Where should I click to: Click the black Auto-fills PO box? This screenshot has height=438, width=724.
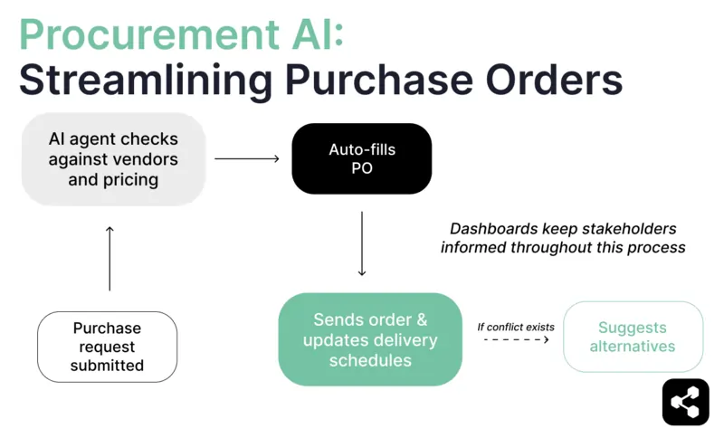(361, 158)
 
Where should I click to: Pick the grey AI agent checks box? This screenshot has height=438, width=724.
(113, 159)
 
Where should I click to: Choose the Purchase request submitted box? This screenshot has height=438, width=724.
(107, 347)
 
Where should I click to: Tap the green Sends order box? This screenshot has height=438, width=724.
(370, 339)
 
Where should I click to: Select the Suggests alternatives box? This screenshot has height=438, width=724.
(633, 337)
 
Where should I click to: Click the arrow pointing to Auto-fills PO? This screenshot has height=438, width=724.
(247, 159)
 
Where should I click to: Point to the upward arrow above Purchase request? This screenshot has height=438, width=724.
(110, 258)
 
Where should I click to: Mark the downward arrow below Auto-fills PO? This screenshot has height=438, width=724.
(362, 243)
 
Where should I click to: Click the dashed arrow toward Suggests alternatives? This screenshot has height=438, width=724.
(517, 339)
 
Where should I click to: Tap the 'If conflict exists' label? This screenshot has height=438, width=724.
(515, 326)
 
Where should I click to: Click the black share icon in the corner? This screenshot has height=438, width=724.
(685, 402)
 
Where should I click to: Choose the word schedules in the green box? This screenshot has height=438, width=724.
(370, 360)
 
